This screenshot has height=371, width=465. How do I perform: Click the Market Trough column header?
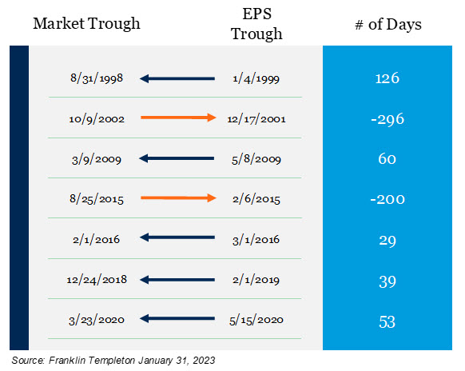tap(86, 24)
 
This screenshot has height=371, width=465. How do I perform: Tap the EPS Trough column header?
tap(256, 24)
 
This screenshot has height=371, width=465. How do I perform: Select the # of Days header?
tap(388, 24)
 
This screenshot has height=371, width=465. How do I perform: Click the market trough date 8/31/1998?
tap(97, 78)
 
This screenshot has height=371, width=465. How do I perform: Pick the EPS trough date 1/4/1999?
tap(256, 78)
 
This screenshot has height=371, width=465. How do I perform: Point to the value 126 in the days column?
tap(387, 78)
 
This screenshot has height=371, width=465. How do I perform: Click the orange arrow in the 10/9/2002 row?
tap(178, 118)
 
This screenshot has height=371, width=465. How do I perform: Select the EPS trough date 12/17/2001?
tap(256, 119)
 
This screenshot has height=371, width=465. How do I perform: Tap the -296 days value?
tap(387, 119)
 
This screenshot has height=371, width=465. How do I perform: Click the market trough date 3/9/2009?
tap(97, 159)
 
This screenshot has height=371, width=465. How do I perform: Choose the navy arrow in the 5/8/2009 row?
tap(177, 158)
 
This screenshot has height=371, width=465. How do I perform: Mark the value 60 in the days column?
tap(387, 159)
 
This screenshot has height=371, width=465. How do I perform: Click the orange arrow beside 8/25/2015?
tap(178, 197)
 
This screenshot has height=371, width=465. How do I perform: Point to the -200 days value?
tap(387, 199)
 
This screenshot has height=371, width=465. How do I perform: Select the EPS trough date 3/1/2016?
tap(256, 240)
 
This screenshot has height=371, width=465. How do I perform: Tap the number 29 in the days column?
tap(387, 241)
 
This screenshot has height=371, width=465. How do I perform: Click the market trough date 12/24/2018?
tap(97, 280)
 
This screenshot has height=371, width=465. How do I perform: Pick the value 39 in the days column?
tap(387, 281)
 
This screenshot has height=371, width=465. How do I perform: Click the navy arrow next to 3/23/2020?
tap(177, 319)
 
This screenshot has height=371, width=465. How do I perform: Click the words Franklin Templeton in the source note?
tap(92, 361)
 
